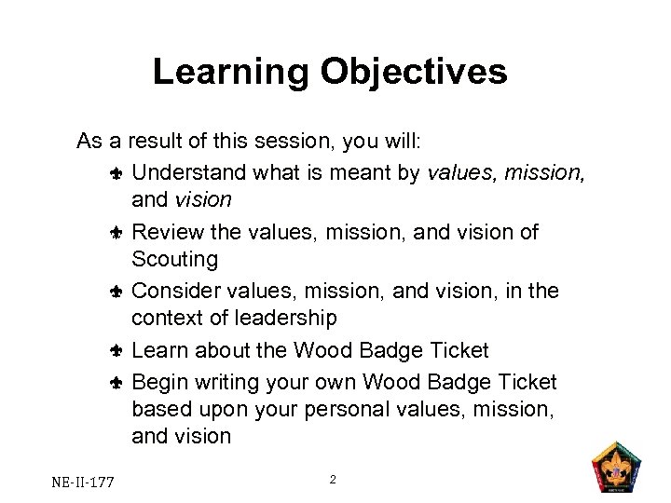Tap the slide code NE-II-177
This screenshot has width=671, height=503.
point(83,482)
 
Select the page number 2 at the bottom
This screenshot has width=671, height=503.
point(333,480)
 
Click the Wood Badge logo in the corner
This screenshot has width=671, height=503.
point(618,469)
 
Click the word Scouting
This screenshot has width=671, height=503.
point(174,259)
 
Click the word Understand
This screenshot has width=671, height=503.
point(191,171)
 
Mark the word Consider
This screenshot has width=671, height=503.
point(174,291)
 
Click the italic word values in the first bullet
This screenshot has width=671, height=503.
point(458,171)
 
